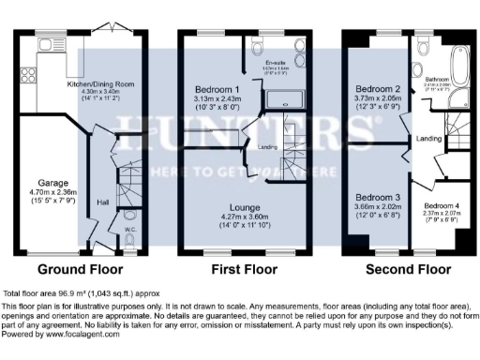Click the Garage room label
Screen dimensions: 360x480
[48, 182]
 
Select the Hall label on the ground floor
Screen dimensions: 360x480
[103, 202]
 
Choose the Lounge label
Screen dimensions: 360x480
[248, 206]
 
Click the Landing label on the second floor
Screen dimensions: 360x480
[428, 139]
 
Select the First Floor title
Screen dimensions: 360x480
[247, 269]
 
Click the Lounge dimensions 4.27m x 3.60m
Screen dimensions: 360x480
[248, 217]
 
